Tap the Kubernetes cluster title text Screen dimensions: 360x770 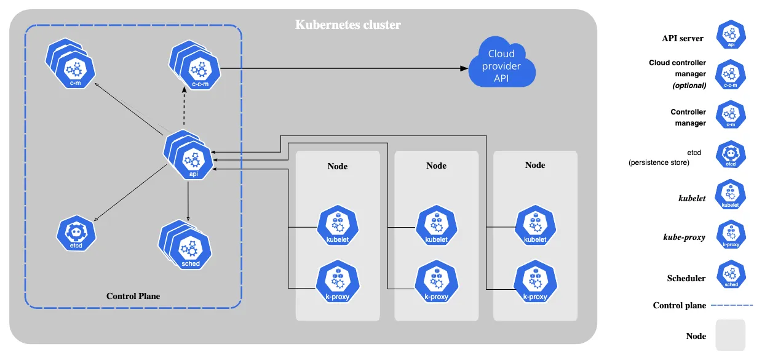[x=347, y=25]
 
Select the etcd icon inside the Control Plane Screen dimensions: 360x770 [x=77, y=233]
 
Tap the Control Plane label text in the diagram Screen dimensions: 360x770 [x=133, y=296]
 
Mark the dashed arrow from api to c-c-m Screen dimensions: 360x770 [x=184, y=108]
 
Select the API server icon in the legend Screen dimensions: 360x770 [x=731, y=35]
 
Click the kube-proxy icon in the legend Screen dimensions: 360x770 [x=731, y=235]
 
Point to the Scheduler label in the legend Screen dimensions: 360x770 [x=686, y=278]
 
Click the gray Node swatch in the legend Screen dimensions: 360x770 [x=730, y=335]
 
